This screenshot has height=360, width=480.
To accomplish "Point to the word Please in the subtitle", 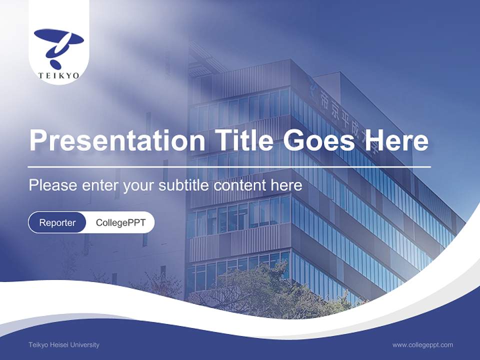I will pyautogui.click(x=52, y=185).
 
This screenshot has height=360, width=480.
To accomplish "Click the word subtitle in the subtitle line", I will pyautogui.click(x=184, y=185).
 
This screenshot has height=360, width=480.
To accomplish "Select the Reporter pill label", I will pyautogui.click(x=57, y=222).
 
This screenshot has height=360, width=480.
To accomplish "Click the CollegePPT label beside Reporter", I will pyautogui.click(x=120, y=222).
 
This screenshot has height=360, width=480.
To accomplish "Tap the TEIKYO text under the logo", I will pyautogui.click(x=58, y=75).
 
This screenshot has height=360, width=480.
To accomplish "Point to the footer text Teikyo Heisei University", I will pyautogui.click(x=64, y=344).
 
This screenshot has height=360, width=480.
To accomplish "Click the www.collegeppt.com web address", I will pyautogui.click(x=422, y=344).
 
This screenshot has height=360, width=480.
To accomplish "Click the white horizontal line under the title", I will pyautogui.click(x=229, y=166).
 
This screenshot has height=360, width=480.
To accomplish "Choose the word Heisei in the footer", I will pyautogui.click(x=59, y=344).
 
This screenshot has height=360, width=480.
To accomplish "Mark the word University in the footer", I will pyautogui.click(x=85, y=344).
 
